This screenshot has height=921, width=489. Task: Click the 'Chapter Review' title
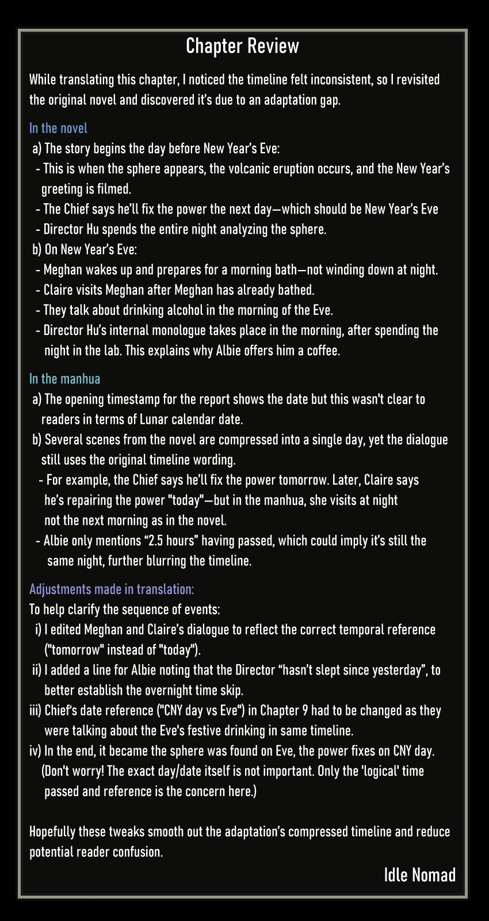(242, 46)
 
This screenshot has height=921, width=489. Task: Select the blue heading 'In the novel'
(58, 128)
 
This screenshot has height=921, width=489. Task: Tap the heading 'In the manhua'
(64, 379)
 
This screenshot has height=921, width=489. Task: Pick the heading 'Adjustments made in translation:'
(112, 589)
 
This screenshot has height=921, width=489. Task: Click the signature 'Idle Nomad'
(419, 875)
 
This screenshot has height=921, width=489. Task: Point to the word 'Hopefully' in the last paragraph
(52, 832)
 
